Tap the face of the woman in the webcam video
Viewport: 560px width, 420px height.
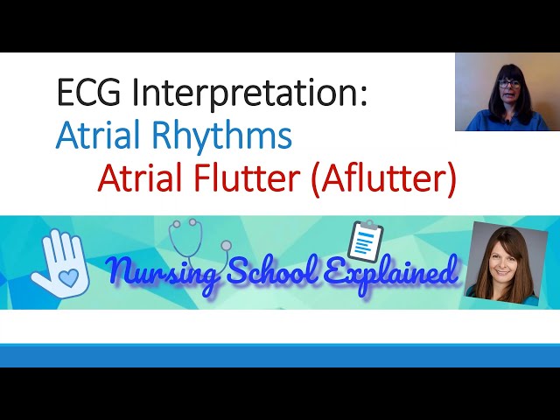[508, 88]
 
